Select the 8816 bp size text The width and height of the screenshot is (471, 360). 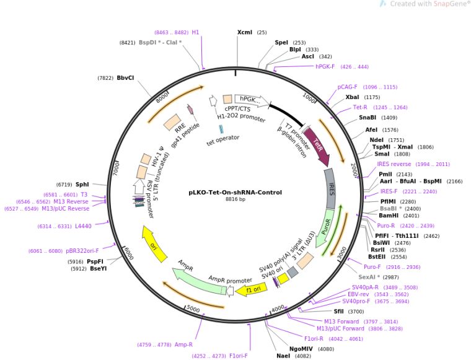[235, 200]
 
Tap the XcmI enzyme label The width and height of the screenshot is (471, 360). [245, 32]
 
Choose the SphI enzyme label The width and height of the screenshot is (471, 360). [82, 184]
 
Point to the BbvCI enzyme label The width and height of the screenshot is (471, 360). [126, 78]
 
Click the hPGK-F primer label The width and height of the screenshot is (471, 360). [325, 66]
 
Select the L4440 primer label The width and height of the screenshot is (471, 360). [83, 226]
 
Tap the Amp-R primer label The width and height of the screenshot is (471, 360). [183, 345]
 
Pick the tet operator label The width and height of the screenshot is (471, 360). [222, 138]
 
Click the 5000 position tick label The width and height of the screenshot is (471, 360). [193, 308]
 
